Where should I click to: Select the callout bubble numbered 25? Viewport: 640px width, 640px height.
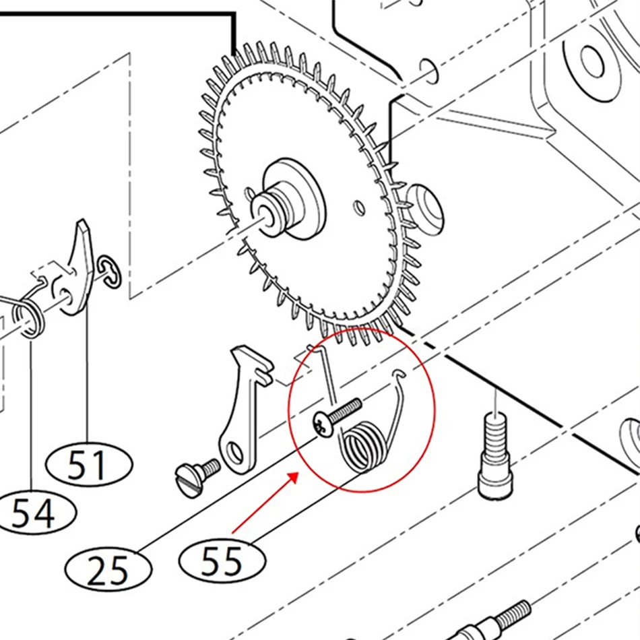(108, 569)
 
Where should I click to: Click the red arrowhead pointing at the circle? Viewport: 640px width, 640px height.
(292, 478)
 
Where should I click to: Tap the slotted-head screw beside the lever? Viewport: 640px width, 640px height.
(197, 478)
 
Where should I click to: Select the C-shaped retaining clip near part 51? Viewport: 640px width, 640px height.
(110, 272)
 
